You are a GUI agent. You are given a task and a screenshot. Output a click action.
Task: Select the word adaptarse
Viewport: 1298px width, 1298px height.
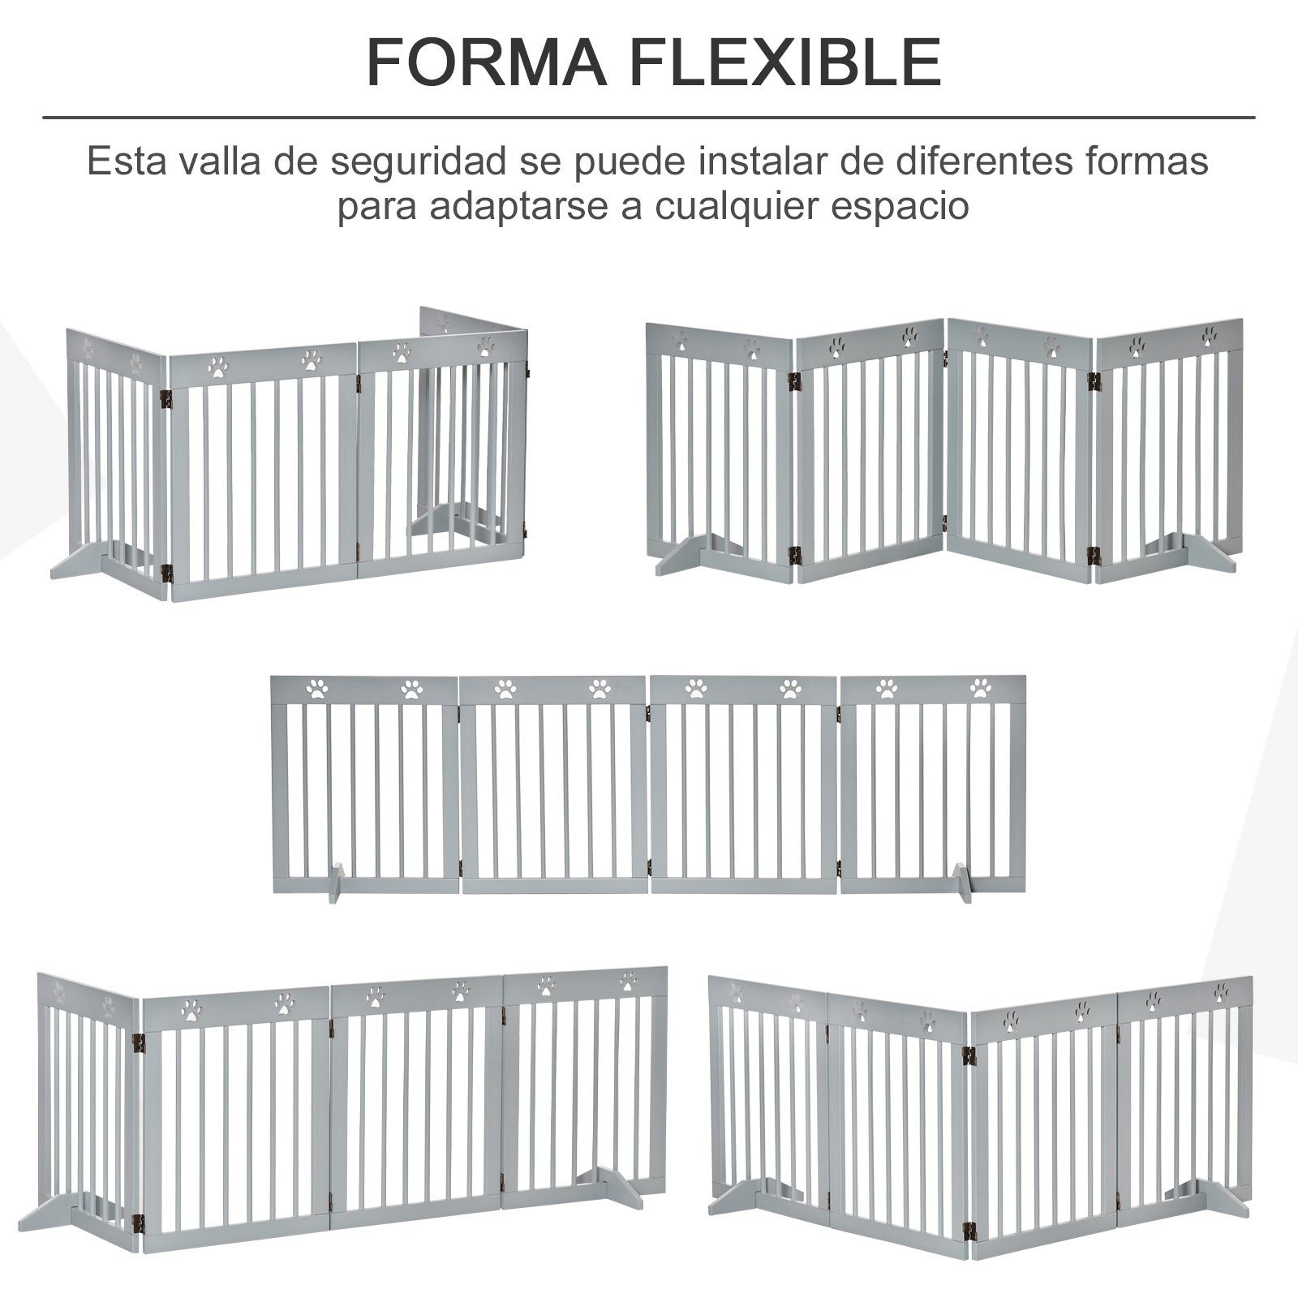coord(519,208)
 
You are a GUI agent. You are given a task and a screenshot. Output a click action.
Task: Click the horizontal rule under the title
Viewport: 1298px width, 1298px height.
coord(649,118)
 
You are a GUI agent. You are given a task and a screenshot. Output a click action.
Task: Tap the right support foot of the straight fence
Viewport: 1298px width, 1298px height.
coord(961,883)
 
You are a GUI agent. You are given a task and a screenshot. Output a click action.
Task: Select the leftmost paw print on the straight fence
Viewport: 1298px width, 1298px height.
coord(316,690)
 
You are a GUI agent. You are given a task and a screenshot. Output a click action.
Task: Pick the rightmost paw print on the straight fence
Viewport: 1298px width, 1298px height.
coord(981,689)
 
